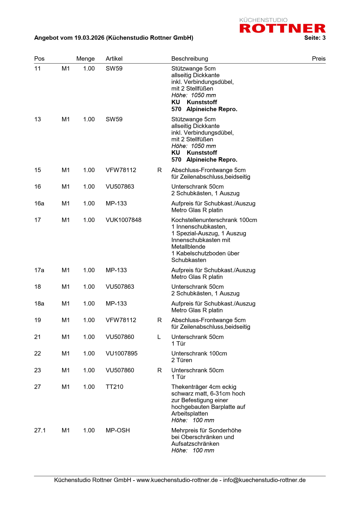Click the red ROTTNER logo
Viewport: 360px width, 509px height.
pos(282,28)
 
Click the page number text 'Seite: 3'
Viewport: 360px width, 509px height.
pos(315,38)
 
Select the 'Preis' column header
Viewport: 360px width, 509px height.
pos(318,59)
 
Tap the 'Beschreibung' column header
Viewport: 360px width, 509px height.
pos(190,59)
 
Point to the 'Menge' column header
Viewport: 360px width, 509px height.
pos(85,59)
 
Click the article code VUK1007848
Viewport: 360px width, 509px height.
pos(123,220)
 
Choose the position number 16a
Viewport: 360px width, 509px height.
pos(39,203)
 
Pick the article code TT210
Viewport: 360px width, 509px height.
pos(114,387)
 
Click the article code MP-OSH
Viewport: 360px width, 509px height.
pos(118,430)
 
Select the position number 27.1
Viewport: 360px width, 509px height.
pos(40,430)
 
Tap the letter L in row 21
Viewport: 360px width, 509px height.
pos(159,337)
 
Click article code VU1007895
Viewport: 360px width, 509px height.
pos(121,353)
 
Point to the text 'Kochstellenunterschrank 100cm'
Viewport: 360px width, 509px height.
pos(214,220)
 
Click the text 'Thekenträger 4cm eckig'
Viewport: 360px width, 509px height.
pos(204,387)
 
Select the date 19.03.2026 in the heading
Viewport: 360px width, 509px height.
pos(89,38)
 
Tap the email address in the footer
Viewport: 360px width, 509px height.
pos(264,480)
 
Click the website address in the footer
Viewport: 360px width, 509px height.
pos(177,480)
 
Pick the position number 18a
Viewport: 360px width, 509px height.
pos(39,304)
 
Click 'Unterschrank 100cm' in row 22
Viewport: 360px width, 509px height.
pos(199,353)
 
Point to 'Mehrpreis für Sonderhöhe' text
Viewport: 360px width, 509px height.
pos(206,430)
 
